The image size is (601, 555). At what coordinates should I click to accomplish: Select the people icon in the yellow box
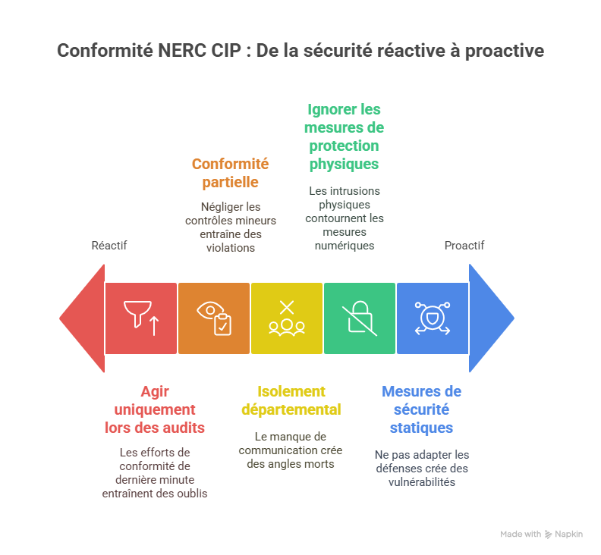(x=287, y=318)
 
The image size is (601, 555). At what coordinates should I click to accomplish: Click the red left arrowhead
(x=82, y=318)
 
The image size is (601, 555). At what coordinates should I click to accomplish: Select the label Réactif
(x=109, y=246)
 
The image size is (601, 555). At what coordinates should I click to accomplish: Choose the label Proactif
(x=464, y=246)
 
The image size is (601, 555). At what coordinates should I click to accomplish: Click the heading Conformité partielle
(x=230, y=173)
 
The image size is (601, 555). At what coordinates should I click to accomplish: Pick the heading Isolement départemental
(x=291, y=400)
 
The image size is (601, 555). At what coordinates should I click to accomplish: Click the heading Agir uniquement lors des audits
(x=154, y=409)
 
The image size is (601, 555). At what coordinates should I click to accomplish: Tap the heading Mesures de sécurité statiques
(x=421, y=409)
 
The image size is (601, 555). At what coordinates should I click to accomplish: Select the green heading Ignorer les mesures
(x=344, y=136)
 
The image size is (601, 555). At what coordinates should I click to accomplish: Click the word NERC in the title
(x=177, y=52)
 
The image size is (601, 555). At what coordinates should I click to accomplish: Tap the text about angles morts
(x=291, y=450)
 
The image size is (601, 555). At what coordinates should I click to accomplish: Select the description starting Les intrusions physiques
(x=344, y=218)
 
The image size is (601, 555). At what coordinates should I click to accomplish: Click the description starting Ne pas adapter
(x=421, y=468)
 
